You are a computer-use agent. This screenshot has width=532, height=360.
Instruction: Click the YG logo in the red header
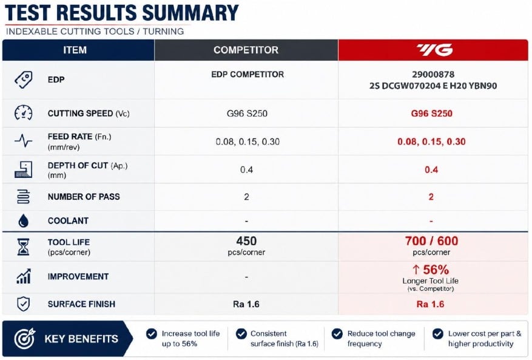[x=434, y=50]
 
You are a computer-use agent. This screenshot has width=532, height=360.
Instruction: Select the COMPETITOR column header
[x=246, y=50]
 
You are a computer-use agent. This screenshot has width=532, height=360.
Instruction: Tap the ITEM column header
[x=75, y=50]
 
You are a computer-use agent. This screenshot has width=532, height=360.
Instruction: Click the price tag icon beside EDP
[x=24, y=80]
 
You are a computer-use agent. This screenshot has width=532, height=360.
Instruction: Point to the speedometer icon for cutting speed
[x=24, y=113]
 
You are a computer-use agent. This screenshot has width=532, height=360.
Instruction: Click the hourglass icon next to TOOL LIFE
[x=24, y=246]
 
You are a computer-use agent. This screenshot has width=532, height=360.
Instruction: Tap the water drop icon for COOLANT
[x=24, y=220]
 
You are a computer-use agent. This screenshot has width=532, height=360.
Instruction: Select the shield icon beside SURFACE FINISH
[x=24, y=304]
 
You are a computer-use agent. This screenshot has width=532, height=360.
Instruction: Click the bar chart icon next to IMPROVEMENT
[x=24, y=276]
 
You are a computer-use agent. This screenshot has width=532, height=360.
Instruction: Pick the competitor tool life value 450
[x=246, y=241]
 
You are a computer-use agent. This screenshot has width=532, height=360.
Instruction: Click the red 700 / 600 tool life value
[x=431, y=241]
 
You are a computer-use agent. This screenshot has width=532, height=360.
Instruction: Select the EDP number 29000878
[x=433, y=74]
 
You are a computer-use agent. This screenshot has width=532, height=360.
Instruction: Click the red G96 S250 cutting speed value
[x=431, y=113]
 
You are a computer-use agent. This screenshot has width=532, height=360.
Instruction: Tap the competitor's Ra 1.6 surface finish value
[x=246, y=304]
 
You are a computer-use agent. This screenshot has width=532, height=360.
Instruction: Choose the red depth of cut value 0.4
[x=431, y=169]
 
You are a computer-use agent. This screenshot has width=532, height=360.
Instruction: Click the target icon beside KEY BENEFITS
[x=24, y=339]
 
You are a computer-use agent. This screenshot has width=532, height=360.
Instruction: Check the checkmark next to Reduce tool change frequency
[x=337, y=334]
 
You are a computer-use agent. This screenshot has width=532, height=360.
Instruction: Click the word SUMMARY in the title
[x=190, y=13]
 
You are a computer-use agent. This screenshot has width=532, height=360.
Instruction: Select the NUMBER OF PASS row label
[x=84, y=197]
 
